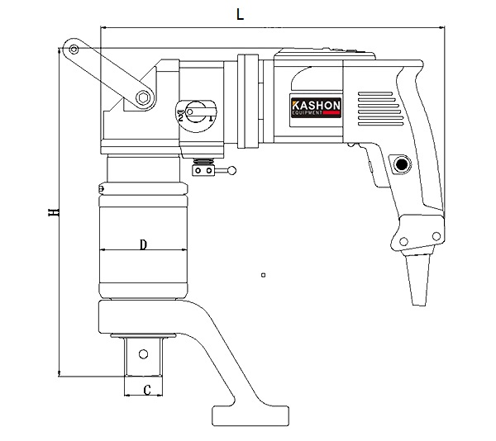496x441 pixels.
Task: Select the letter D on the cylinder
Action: click(x=142, y=244)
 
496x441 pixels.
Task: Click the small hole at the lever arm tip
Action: click(x=74, y=50)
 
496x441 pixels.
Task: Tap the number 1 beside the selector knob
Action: click(x=212, y=119)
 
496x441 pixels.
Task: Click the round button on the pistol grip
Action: click(x=402, y=164)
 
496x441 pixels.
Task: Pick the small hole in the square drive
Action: click(x=145, y=355)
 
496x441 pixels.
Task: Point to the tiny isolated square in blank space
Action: click(x=262, y=274)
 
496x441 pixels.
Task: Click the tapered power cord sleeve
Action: click(x=421, y=277)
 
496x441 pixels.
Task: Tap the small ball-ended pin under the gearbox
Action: click(x=232, y=172)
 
